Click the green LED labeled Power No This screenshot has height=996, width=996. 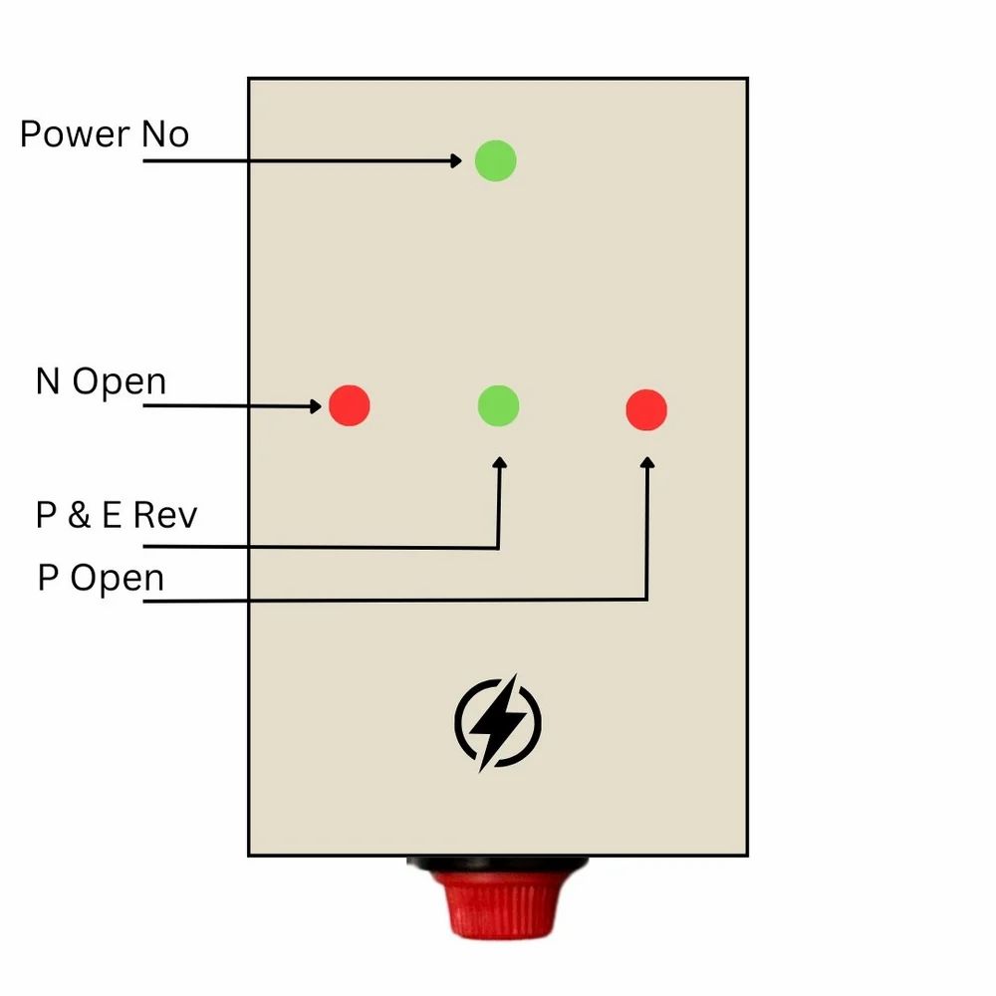495,160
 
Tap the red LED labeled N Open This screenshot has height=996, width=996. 350,404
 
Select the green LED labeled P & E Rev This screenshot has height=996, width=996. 498,405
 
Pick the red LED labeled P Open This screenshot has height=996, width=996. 646,409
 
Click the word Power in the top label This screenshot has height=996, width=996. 75,134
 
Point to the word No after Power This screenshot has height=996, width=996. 164,134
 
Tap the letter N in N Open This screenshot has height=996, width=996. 48,381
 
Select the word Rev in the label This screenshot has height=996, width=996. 165,515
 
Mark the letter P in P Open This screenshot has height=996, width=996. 48,578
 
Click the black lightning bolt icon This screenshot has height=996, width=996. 497,722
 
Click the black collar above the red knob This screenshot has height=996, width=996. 498,863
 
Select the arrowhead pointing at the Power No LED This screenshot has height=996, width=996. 456,160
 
